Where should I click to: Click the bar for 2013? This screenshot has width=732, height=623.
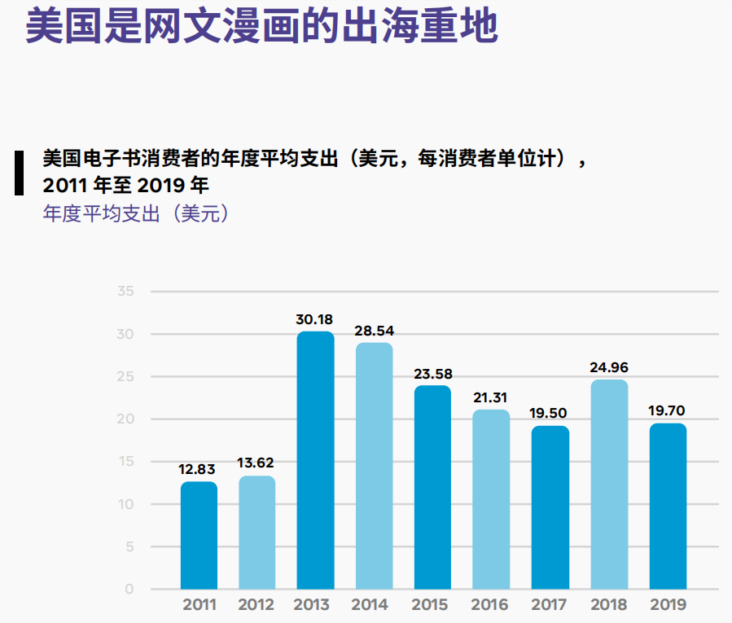tap(315, 460)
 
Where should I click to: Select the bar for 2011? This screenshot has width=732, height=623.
tap(199, 535)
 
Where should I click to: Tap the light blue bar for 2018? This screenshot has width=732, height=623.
tap(609, 484)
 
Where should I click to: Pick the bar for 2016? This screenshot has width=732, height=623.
tap(491, 498)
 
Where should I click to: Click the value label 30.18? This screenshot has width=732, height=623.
tap(314, 319)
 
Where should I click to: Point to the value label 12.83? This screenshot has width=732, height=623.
tap(199, 469)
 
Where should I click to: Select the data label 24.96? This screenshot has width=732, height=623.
tap(609, 367)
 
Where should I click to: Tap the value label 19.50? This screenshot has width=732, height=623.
tap(550, 414)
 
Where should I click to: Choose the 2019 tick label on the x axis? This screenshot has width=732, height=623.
tap(668, 605)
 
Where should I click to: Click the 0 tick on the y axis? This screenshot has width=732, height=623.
tap(129, 589)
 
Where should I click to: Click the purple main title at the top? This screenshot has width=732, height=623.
tap(261, 26)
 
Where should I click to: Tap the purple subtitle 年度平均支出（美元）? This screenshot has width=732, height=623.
tap(135, 214)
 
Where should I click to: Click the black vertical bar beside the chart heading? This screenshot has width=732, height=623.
tap(19, 172)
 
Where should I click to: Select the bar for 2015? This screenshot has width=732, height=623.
tap(432, 487)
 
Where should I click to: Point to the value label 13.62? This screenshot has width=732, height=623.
tap(256, 463)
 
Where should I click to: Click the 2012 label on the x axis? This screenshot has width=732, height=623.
tap(256, 605)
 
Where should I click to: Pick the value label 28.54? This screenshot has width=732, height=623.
tap(374, 331)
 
